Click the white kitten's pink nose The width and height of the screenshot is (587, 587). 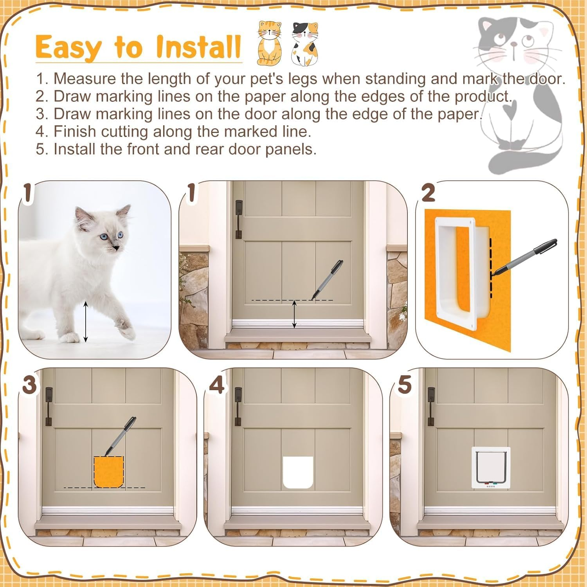[x=116, y=248]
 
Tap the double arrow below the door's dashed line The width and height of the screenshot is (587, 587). [x=295, y=314]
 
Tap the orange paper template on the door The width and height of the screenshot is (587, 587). [x=108, y=472]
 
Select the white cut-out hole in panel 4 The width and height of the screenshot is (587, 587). [x=298, y=472]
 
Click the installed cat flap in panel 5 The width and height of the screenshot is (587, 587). [x=491, y=467]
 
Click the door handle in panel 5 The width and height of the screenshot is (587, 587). [x=431, y=406]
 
